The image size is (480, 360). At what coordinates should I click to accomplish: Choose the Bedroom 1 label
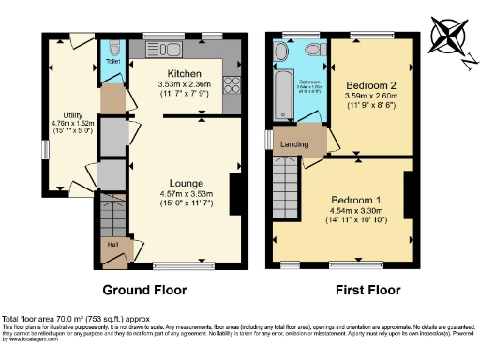(356, 200)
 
